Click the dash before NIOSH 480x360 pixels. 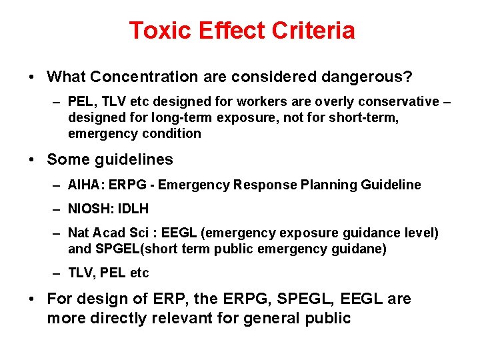tap(59, 209)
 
